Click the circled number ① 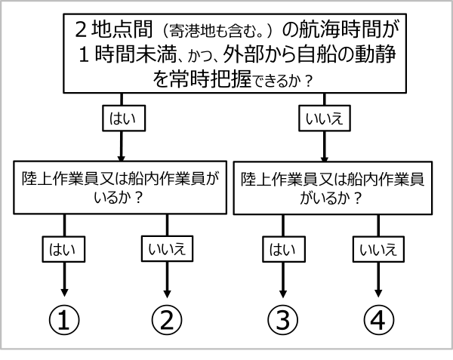point(64,320)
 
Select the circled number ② point(167,320)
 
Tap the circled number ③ point(282,320)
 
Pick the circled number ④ point(378,320)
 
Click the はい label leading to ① point(63,249)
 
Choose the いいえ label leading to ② point(167,249)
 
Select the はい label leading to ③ point(284,249)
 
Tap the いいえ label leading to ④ point(378,249)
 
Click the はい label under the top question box point(124,118)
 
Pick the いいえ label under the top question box point(325,118)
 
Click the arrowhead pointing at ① point(64,293)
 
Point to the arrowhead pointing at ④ point(378,293)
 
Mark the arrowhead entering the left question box point(122,158)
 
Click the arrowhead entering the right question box point(325,159)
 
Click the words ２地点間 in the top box point(113,29)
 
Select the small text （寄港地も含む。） point(218,31)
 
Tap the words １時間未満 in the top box point(127,54)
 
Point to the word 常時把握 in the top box point(210,79)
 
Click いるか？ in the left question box point(119,198)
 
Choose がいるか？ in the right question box point(331,198)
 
